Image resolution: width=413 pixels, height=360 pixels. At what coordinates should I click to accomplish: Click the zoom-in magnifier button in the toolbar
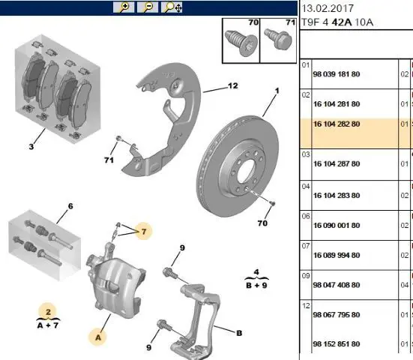click(x=124, y=7)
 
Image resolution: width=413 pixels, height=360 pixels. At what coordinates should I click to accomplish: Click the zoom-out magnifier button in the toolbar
click(x=148, y=7)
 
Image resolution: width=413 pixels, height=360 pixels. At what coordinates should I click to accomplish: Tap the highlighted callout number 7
click(x=144, y=232)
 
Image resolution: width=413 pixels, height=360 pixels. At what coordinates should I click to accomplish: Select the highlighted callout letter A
click(x=98, y=337)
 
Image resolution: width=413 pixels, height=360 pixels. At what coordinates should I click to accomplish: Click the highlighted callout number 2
click(x=48, y=312)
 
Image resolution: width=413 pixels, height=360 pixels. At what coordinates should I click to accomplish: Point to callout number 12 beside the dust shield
click(x=233, y=85)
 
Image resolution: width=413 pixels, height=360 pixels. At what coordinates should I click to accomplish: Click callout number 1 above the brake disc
click(x=277, y=91)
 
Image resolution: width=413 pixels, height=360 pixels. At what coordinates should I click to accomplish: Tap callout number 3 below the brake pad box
click(x=31, y=146)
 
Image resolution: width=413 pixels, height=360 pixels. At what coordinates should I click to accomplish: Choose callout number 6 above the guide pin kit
click(x=70, y=206)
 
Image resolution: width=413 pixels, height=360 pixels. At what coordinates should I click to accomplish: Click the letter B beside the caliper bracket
click(x=239, y=333)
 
